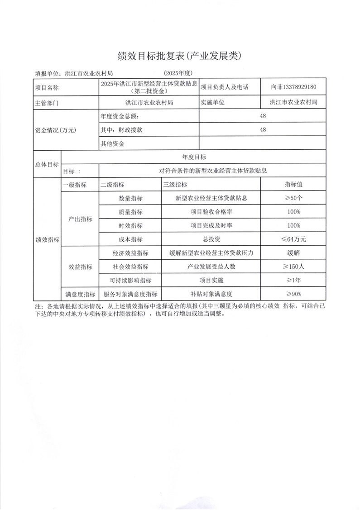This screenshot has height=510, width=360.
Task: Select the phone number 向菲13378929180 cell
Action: (x=293, y=86)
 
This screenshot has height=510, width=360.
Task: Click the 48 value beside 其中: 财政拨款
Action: (x=263, y=130)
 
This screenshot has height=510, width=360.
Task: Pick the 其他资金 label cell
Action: (x=113, y=144)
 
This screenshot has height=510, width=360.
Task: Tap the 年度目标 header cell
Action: (x=194, y=157)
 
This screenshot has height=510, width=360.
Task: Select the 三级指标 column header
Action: (x=175, y=185)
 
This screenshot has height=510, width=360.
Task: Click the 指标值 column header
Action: (x=293, y=185)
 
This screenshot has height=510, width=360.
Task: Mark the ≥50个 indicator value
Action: (x=293, y=198)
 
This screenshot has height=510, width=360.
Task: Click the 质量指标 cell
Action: (x=130, y=212)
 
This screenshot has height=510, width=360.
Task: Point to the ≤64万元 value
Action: (x=293, y=239)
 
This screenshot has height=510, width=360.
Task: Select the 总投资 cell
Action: (x=211, y=239)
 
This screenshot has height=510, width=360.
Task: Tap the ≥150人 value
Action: (x=293, y=267)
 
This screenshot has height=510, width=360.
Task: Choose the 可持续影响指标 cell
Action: (x=130, y=281)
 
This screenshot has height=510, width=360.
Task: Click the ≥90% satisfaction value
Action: (x=293, y=294)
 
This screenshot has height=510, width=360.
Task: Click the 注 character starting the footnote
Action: (x=38, y=307)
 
